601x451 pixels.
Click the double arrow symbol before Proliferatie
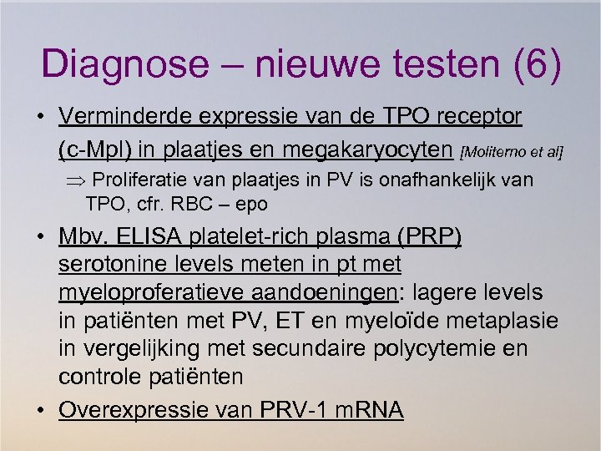click(76, 180)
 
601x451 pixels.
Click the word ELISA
click(144, 237)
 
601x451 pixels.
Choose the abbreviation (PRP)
click(429, 237)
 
